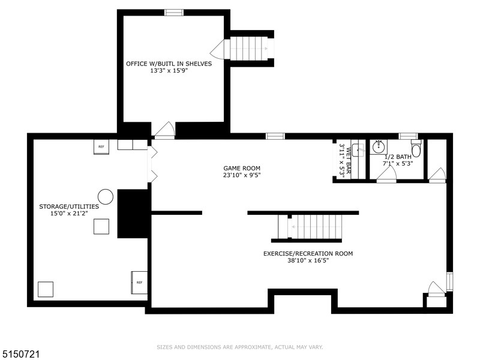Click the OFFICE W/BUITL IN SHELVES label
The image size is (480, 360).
tap(169, 64)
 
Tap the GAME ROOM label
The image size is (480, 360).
tap(242, 168)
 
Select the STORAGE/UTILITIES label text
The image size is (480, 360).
tap(69, 206)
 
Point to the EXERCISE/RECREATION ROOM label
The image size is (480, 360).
tap(308, 253)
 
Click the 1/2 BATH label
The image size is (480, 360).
tap(398, 157)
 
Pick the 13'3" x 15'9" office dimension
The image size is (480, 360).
tap(169, 71)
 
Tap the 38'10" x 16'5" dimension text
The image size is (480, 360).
tap(308, 260)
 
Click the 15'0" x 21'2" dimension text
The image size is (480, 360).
tap(69, 214)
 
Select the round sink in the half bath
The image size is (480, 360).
tap(379, 147)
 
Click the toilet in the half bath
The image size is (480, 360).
tap(416, 149)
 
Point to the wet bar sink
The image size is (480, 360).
tap(358, 150)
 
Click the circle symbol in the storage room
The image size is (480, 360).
tap(106, 197)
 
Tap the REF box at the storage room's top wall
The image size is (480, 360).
tap(101, 147)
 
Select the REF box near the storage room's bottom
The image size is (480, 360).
tap(139, 283)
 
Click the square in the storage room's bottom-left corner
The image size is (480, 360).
tap(46, 289)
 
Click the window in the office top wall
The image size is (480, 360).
tap(174, 13)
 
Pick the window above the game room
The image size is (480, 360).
tap(275, 136)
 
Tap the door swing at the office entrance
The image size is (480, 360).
tap(164, 130)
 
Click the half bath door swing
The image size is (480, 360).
tap(386, 174)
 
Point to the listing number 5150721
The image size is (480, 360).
tap(20, 354)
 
